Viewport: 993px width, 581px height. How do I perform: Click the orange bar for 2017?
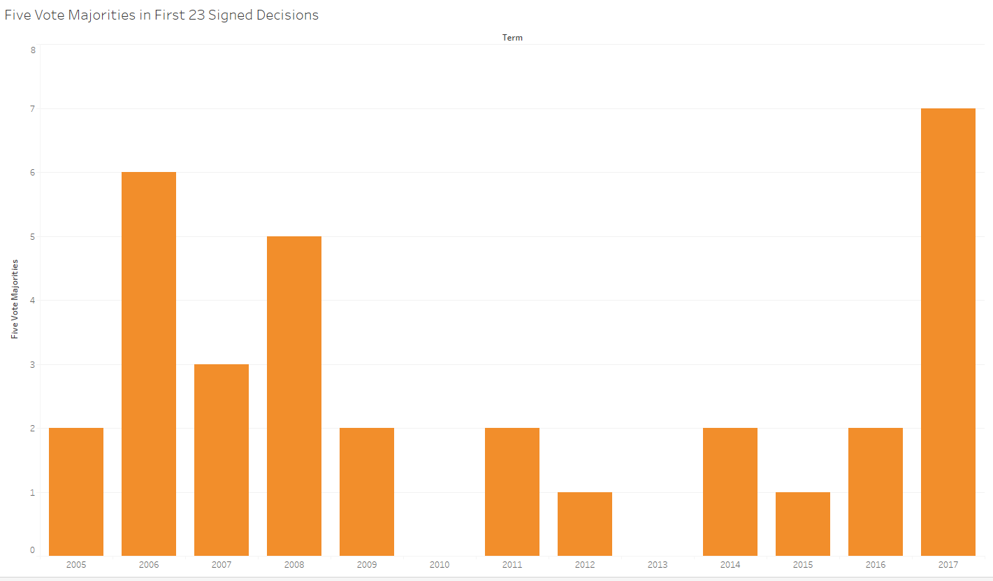point(948,332)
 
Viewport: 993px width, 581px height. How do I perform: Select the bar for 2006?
point(149,364)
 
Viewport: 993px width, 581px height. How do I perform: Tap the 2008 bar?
point(294,396)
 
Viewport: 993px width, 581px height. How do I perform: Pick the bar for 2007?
point(222,460)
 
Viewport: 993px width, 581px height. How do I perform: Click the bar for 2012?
point(585,524)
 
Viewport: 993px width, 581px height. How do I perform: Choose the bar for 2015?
point(803,524)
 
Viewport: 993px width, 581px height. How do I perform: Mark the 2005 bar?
point(76,492)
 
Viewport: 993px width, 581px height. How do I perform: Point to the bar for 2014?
point(730,492)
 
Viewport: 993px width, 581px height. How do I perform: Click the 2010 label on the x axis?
point(440,564)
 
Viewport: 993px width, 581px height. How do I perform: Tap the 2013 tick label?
point(658,564)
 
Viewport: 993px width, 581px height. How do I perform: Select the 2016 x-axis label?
point(876,564)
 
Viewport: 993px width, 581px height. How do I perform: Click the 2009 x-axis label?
point(367,564)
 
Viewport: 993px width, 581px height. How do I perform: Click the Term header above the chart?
point(512,38)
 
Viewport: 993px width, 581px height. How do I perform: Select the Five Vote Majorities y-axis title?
point(15,299)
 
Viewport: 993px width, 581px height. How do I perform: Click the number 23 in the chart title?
point(196,15)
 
